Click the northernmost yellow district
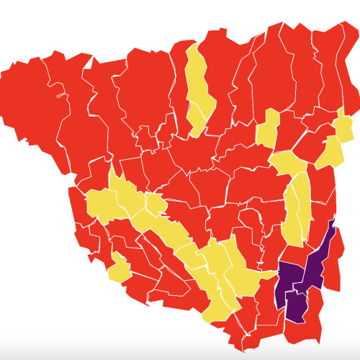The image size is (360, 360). [197, 79]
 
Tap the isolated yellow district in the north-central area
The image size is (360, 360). [269, 130]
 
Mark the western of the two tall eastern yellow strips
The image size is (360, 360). [292, 216]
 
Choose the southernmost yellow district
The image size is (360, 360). [215, 306]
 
